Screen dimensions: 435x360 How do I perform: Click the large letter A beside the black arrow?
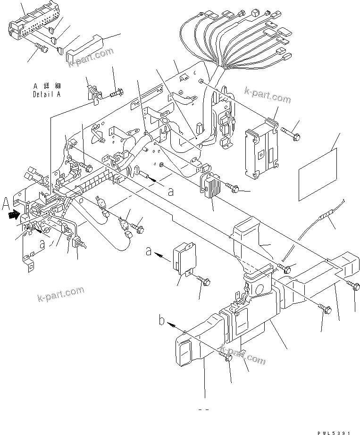[x=6, y=205]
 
